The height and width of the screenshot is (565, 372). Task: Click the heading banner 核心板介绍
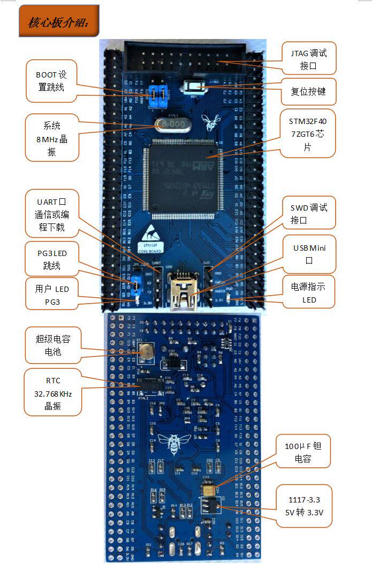point(59,21)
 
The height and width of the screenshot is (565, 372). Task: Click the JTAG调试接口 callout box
point(309,59)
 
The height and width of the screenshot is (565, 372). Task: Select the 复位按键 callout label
point(308,91)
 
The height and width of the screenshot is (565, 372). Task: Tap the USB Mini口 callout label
point(309,254)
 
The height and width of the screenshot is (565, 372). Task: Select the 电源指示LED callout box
point(309,293)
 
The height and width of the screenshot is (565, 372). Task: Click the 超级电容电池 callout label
point(52,345)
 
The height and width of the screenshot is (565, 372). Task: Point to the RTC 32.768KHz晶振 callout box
point(52,393)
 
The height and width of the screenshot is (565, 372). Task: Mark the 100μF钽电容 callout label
point(303,452)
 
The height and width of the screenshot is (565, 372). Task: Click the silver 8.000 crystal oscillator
point(173,125)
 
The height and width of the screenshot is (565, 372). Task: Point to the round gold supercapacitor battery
point(145,350)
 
